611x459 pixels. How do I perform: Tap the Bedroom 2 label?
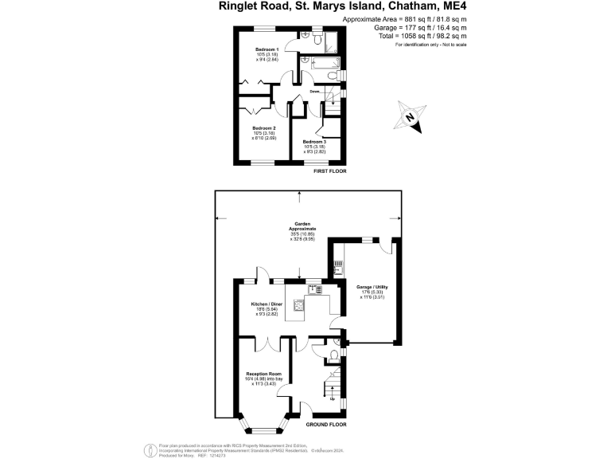(264, 128)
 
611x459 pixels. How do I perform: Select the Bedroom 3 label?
(314, 141)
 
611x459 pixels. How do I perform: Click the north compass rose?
(411, 116)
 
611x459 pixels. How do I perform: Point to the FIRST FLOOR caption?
(331, 171)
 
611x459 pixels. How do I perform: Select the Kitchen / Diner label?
(266, 305)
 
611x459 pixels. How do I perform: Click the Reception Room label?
(263, 374)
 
